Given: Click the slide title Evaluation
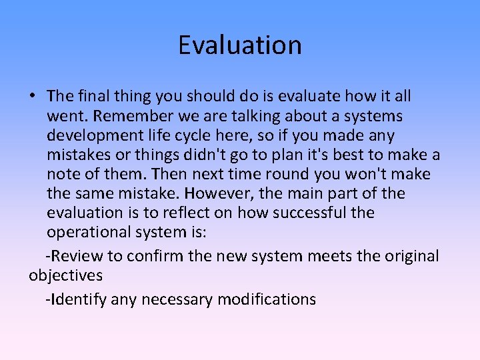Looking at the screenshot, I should coord(240,45).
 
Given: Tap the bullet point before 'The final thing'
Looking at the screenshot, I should coord(32,97).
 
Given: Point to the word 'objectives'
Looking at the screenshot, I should coord(65,276).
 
